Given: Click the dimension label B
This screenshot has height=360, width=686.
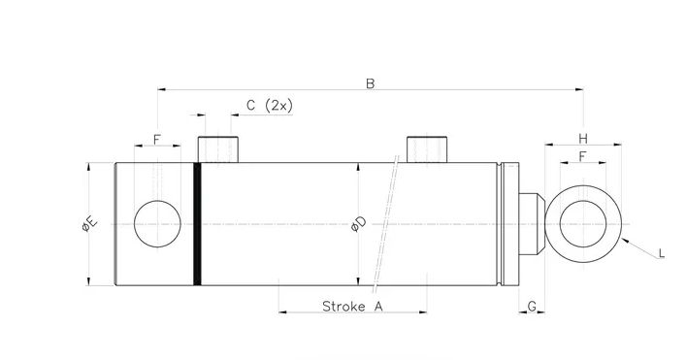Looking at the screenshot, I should click(370, 82).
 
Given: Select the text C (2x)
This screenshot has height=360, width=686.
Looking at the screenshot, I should click(269, 105).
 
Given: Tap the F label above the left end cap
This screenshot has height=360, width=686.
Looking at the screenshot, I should click(157, 139).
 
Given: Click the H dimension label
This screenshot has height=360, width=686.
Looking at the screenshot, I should click(582, 137).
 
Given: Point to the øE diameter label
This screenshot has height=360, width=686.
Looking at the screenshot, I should click(86, 224).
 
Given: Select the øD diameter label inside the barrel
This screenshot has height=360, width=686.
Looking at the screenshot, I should click(358, 224).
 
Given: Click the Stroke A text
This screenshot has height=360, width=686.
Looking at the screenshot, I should click(352, 306).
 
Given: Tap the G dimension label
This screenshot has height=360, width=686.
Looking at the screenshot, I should click(532, 306).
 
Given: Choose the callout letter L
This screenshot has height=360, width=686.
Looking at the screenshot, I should click(660, 253).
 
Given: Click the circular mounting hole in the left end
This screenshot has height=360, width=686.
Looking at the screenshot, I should click(157, 224).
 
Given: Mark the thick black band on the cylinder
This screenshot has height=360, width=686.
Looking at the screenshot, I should click(198, 224).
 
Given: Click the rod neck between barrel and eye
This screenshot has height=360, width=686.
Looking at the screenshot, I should click(526, 224).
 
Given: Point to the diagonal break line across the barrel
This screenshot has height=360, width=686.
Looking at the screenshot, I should click(385, 224).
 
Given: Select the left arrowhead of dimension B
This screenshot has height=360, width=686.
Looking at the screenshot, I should click(162, 90).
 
